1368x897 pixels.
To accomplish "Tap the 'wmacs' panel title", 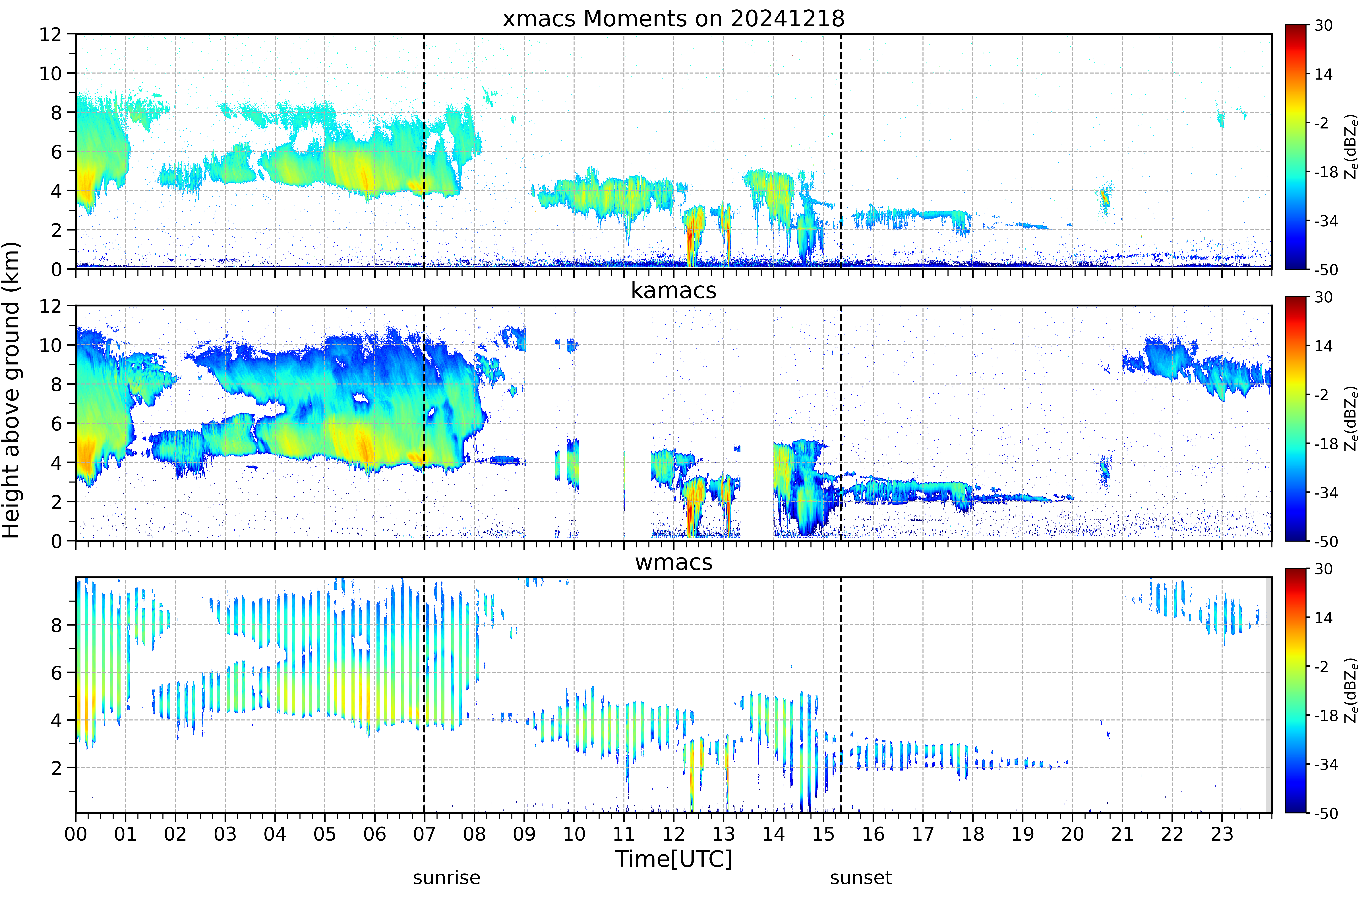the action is (674, 562).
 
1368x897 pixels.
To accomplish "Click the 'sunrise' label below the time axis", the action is (447, 878).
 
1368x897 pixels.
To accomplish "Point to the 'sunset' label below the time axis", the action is (861, 878).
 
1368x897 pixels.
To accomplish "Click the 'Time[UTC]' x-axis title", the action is (674, 859).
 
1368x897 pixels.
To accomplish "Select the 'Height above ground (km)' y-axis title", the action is (11, 390).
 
